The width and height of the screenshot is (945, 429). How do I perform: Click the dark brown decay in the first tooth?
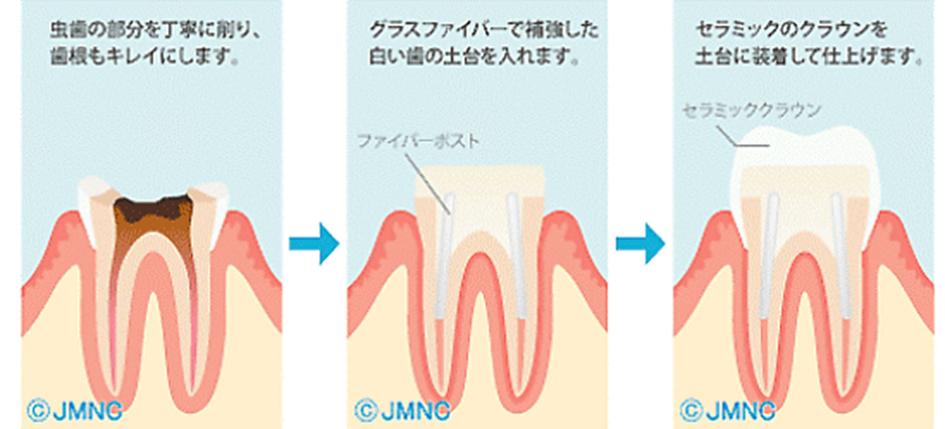coord(153,208)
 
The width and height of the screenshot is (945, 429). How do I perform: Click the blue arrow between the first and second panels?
coord(314,244)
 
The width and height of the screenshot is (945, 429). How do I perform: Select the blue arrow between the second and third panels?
coord(640,244)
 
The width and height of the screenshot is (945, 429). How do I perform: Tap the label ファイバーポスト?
coord(419,142)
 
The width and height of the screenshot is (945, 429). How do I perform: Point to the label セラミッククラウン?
coord(751,111)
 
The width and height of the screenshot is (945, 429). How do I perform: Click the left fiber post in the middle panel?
coord(446,256)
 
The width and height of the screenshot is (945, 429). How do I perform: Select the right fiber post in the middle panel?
coord(516,256)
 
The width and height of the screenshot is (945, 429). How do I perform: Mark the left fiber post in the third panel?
coord(770,256)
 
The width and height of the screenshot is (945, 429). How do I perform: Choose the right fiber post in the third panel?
coord(841,256)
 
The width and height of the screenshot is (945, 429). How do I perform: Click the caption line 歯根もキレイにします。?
coord(142,59)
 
